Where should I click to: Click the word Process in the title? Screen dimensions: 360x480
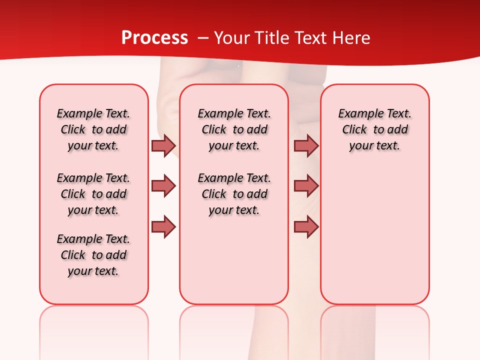(154, 38)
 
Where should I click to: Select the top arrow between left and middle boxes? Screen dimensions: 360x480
(163, 145)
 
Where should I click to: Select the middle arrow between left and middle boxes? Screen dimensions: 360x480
(163, 186)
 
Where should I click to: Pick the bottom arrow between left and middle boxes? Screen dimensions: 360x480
(163, 226)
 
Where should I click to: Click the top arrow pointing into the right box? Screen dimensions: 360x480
(306, 145)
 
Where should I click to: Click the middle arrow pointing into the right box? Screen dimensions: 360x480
(306, 186)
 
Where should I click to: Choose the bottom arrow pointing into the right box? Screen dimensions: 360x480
(306, 226)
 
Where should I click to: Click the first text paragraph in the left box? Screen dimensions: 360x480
(93, 129)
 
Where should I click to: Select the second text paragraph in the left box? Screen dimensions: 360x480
(93, 194)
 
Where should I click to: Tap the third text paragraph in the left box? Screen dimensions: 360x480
(93, 255)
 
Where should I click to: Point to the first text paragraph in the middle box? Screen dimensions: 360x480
(234, 129)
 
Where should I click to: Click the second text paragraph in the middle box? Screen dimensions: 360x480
(234, 194)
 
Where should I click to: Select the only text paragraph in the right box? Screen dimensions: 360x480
(374, 129)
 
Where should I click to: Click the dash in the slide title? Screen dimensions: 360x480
(203, 38)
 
